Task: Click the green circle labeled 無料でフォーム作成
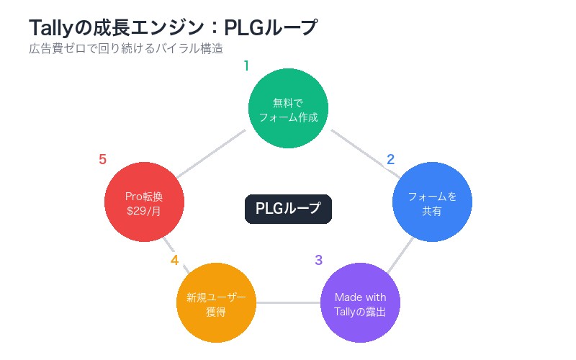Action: (288, 108)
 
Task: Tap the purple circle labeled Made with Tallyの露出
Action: (360, 302)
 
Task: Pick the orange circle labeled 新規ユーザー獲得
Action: (216, 302)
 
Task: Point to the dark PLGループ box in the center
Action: (288, 209)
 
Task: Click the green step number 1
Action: (246, 66)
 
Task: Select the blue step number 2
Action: (391, 160)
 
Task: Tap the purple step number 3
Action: (319, 260)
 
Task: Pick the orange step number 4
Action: (175, 260)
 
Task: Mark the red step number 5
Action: (103, 160)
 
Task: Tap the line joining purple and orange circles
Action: (288, 302)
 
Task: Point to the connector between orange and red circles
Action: (176, 254)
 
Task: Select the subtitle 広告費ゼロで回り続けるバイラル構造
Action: (126, 49)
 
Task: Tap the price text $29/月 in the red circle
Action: (144, 211)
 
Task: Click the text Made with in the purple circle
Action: (360, 297)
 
